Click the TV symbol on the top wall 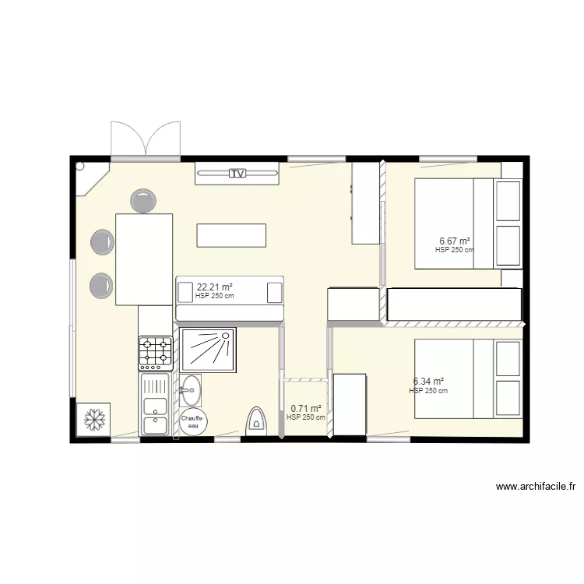click(237, 174)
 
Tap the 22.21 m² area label click(214, 287)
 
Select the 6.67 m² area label click(455, 241)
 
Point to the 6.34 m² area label click(428, 382)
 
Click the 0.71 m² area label click(306, 408)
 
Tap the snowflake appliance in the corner click(93, 420)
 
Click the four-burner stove click(155, 352)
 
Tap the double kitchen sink click(155, 405)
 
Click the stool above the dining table click(142, 202)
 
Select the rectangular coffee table click(231, 234)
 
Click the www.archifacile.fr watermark click(537, 487)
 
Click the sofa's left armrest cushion click(185, 292)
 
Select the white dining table click(144, 259)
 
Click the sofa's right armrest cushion click(274, 292)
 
